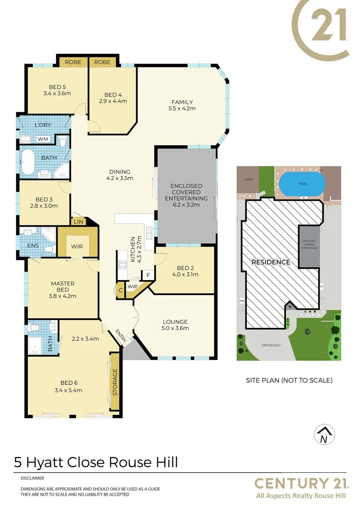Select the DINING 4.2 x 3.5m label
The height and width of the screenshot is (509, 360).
[119, 175]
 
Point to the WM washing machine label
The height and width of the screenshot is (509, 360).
[43, 139]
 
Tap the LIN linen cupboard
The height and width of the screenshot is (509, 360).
[78, 222]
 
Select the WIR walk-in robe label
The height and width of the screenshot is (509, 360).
[77, 246]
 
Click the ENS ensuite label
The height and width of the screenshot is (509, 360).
[33, 245]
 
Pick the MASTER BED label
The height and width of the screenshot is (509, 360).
[63, 290]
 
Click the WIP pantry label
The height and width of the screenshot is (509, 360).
[132, 287]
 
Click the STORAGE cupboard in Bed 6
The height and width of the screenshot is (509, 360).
[114, 382]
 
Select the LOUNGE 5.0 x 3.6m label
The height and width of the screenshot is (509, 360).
[175, 325]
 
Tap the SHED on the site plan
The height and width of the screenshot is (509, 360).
[249, 180]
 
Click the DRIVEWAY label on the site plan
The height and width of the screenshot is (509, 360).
[271, 345]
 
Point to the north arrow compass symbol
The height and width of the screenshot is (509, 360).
[324, 434]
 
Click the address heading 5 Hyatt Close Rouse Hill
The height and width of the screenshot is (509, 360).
[96, 462]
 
